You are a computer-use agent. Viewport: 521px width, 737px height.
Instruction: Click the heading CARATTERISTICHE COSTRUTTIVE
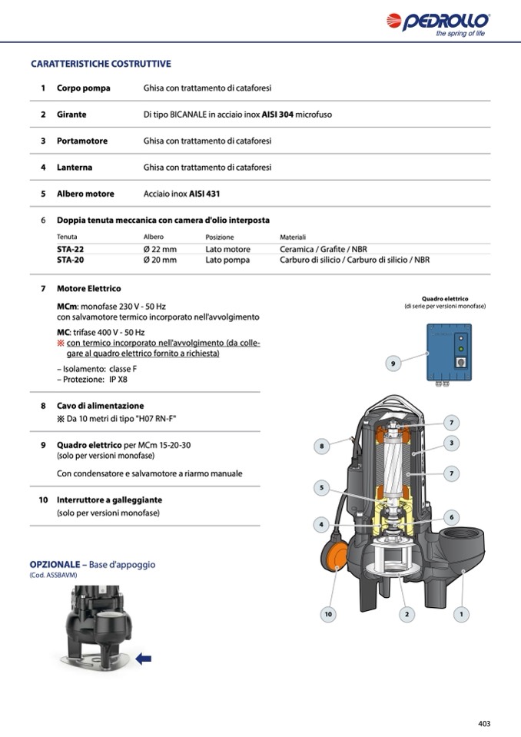pos(101,64)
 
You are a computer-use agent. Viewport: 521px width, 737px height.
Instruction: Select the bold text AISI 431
pos(204,194)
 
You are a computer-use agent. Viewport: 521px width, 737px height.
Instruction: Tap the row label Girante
pos(71,115)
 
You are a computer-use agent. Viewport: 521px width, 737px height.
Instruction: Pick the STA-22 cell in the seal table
pos(70,250)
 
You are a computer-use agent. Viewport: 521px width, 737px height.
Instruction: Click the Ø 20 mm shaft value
pos(160,260)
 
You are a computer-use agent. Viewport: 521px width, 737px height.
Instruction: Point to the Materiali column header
pos(293,237)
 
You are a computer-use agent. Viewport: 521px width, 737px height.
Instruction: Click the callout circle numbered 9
pos(393,363)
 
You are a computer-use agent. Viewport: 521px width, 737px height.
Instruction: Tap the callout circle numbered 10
pos(328,614)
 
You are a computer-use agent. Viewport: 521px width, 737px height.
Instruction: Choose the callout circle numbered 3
pos(453,443)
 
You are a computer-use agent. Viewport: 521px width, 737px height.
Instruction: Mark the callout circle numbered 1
pos(461,614)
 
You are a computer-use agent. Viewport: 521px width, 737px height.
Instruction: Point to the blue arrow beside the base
pos(143,658)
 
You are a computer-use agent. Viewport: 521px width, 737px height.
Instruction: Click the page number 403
pos(483,723)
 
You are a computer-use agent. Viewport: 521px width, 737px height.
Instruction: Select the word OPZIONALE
pos(55,564)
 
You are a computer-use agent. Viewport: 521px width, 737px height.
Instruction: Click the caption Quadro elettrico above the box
pos(445,298)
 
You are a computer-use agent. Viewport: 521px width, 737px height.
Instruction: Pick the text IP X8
pos(116,379)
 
